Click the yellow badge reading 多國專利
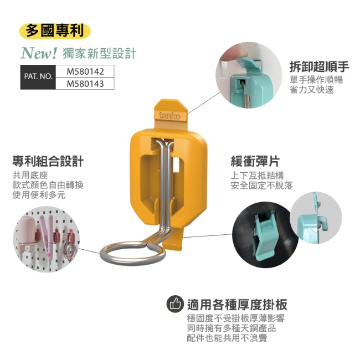pyautogui.click(x=55, y=31)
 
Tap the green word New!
pyautogui.click(x=39, y=53)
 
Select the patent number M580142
pyautogui.click(x=85, y=71)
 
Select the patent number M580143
pyautogui.click(x=85, y=84)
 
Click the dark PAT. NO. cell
pyautogui.click(x=38, y=77)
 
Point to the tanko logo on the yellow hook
pyautogui.click(x=169, y=116)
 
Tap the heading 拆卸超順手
pyautogui.click(x=319, y=66)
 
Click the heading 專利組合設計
pyautogui.click(x=48, y=161)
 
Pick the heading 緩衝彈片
pyautogui.click(x=255, y=161)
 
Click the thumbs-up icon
pyautogui.click(x=175, y=304)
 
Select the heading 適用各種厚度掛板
pyautogui.click(x=237, y=305)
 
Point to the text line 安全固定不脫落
pyautogui.click(x=262, y=186)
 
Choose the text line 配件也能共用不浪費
pyautogui.click(x=227, y=338)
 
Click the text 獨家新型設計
pyautogui.click(x=99, y=53)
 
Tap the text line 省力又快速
pyautogui.click(x=312, y=90)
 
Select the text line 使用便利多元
pyautogui.click(x=39, y=195)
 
